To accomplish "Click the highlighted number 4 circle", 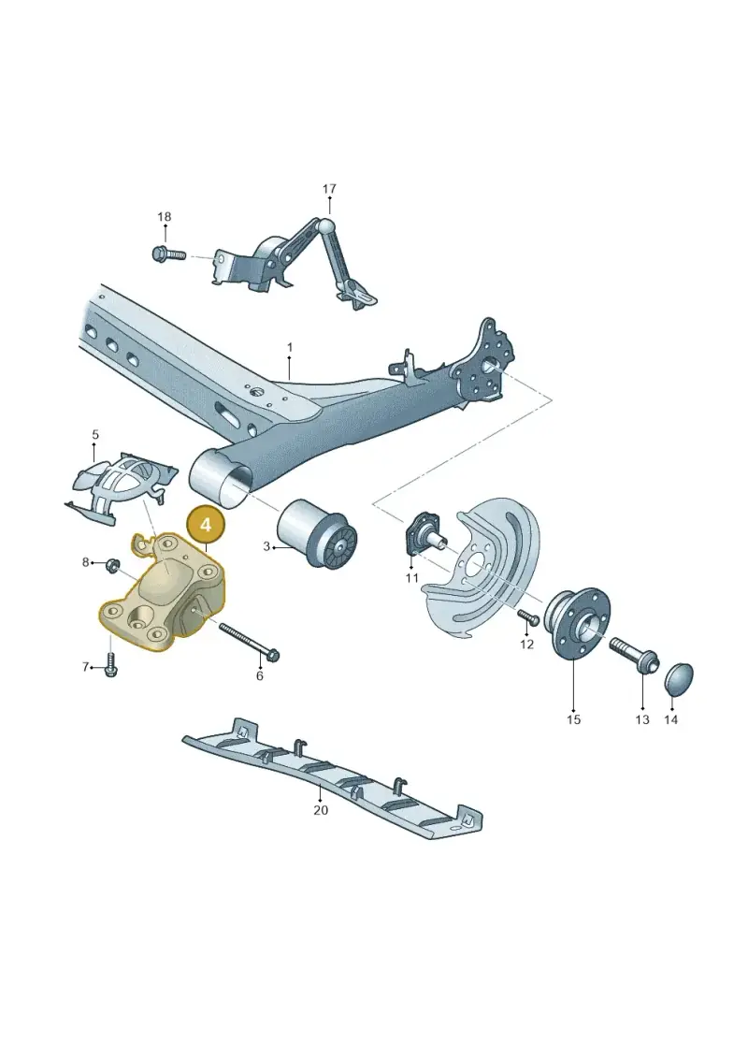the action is click(x=206, y=524).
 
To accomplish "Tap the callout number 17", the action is click(x=329, y=189).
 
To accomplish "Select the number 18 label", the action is click(x=164, y=217).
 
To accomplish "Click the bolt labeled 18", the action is click(x=168, y=255).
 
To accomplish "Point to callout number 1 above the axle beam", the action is click(x=290, y=347).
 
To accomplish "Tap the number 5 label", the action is click(x=95, y=435).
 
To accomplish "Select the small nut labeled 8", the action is click(x=112, y=563).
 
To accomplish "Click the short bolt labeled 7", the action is click(x=111, y=664).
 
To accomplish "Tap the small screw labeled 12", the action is click(x=526, y=616).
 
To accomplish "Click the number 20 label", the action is click(x=321, y=809).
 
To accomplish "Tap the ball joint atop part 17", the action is click(x=327, y=225).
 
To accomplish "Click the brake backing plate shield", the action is click(x=482, y=570).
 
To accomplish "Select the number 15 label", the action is click(x=573, y=719).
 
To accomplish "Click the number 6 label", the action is click(x=260, y=675).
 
